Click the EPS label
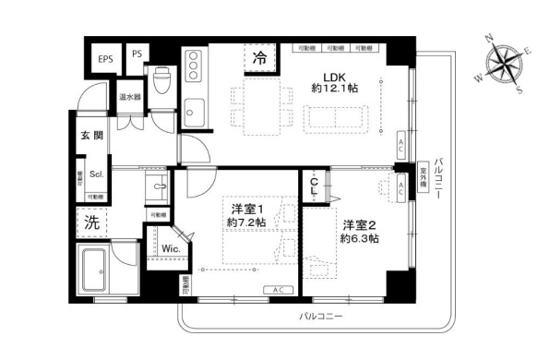coord(105,58)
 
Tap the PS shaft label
coord(137,54)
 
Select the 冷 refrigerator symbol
coord(261,58)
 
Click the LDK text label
coord(333,77)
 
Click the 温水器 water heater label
coord(129,96)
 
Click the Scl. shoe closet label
coord(96,173)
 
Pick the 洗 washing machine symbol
coord(92,222)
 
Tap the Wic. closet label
coord(171,249)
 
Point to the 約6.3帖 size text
coord(360,238)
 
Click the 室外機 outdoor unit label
coord(424,178)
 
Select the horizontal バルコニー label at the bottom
coord(320,316)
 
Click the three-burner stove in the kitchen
coord(195,66)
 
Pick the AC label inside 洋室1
coord(278,290)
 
